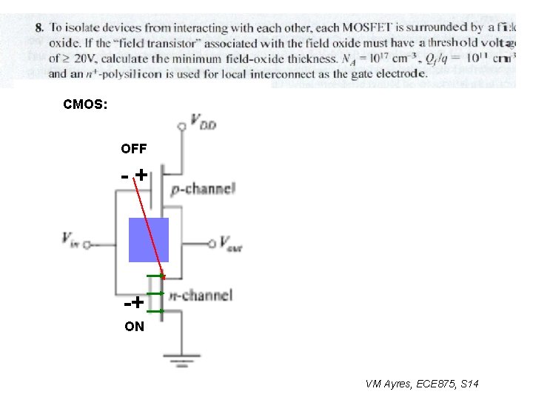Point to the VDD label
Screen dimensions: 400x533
click(203, 121)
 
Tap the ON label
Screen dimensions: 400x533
click(135, 325)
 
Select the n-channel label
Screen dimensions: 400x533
click(201, 295)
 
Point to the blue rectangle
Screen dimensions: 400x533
click(149, 239)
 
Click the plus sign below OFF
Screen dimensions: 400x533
click(139, 175)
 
